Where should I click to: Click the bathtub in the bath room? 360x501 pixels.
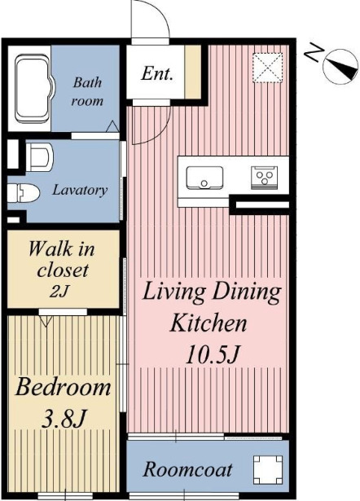pos(33,89)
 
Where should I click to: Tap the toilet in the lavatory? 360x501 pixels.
pos(23,193)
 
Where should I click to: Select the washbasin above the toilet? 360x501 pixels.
pos(39,157)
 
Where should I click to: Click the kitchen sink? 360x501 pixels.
pos(204,178)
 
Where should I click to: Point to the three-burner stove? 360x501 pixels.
pos(264,178)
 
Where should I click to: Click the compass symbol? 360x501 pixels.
pos(340,67)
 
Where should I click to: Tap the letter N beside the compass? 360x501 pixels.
pos(314,53)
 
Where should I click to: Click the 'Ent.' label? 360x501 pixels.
pos(157,73)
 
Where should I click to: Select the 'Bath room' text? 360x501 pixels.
pos(87,91)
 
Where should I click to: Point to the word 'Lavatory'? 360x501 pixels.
pos(80,191)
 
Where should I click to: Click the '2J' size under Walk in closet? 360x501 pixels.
pos(59,291)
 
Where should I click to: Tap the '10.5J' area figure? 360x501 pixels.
pos(212,354)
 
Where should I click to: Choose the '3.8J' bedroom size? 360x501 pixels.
pos(64,419)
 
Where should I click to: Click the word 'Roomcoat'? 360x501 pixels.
pos(187,470)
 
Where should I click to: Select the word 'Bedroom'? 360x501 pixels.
pos(63,387)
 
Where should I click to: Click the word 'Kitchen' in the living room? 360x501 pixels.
pos(209,323)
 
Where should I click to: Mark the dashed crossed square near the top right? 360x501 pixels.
pos(268,68)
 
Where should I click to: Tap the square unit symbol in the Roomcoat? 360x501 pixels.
pos(268,470)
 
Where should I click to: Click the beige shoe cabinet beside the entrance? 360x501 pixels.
pos(193,72)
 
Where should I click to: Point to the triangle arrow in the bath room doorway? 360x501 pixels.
pos(112,126)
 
